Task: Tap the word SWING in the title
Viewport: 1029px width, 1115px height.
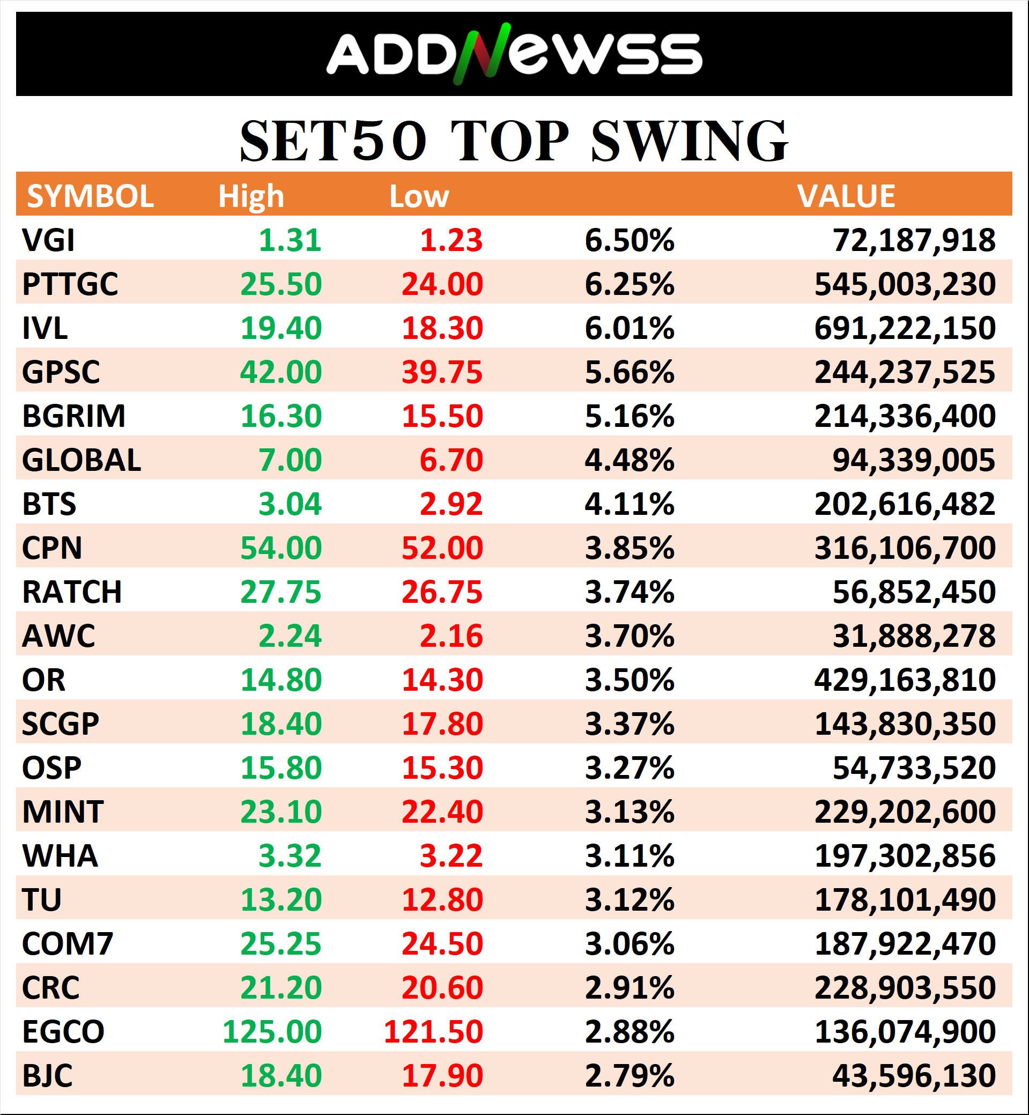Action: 689,142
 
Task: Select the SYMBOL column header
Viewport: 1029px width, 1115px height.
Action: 90,197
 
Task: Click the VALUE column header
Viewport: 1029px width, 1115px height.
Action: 846,197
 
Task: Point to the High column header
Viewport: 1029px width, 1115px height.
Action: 251,197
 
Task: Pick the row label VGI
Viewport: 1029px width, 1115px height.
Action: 48,241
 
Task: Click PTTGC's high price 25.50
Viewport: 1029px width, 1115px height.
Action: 281,285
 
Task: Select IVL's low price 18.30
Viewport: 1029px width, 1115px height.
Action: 442,329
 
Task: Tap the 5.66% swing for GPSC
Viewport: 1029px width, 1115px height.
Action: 629,373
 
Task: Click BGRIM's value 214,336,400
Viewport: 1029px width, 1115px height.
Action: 905,417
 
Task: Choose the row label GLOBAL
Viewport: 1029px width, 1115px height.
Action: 82,461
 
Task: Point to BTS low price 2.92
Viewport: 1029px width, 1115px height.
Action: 451,505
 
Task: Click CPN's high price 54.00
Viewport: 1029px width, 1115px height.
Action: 281,549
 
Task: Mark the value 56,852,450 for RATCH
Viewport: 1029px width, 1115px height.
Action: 914,593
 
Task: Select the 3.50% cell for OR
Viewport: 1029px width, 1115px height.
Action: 629,681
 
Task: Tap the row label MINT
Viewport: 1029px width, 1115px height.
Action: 63,813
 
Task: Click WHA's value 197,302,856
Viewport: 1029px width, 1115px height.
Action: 905,856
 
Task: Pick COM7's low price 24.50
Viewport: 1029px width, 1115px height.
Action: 442,944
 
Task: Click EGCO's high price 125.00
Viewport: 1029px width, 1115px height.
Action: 272,1032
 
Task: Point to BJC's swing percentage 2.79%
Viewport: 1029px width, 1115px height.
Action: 629,1076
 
